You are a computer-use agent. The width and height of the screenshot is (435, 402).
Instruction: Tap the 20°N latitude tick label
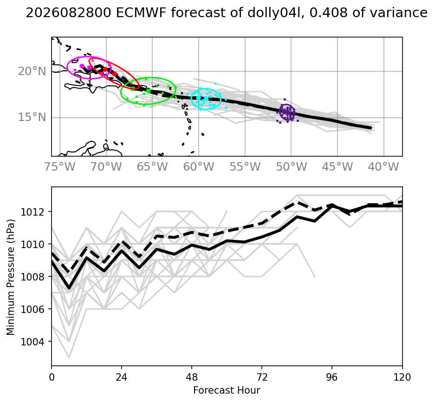(32, 71)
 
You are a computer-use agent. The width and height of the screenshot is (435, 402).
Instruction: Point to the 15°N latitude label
(32, 117)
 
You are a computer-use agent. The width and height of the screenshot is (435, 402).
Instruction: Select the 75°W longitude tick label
(60, 167)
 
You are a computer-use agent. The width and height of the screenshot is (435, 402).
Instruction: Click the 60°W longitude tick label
(199, 167)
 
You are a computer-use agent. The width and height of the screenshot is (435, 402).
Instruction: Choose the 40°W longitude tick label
(383, 167)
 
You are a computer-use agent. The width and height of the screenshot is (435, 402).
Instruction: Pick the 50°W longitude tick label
(291, 167)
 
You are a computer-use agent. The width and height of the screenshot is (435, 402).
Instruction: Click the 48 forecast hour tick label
(192, 377)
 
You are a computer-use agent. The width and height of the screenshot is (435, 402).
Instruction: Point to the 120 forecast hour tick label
(402, 377)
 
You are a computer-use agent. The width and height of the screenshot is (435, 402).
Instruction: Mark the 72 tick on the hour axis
(262, 377)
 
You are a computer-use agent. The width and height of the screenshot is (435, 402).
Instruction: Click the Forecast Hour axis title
(227, 390)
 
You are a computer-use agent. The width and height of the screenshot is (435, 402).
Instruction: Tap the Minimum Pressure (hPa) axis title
(11, 277)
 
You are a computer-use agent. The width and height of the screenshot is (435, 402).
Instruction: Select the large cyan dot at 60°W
(198, 98)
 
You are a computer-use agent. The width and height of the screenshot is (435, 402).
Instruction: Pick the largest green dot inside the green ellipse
(148, 91)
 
